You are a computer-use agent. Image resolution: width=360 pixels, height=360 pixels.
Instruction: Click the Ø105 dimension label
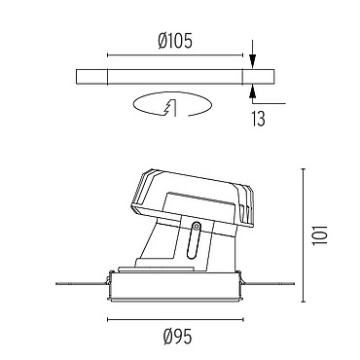[175, 41]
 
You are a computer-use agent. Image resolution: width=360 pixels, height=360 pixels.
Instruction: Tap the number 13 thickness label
[258, 119]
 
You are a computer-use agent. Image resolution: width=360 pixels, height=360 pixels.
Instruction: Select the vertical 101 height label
[320, 234]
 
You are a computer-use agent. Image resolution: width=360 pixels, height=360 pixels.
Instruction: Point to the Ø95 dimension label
[178, 337]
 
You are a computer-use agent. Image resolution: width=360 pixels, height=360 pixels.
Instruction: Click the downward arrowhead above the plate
[253, 60]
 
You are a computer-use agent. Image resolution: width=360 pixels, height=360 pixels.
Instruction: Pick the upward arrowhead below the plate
[253, 93]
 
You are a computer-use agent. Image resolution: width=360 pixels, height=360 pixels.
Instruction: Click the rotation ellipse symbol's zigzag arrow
[170, 107]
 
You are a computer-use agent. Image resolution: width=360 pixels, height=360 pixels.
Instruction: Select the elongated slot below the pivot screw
[194, 240]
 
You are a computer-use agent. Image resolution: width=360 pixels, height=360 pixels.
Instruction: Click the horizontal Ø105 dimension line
[175, 55]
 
